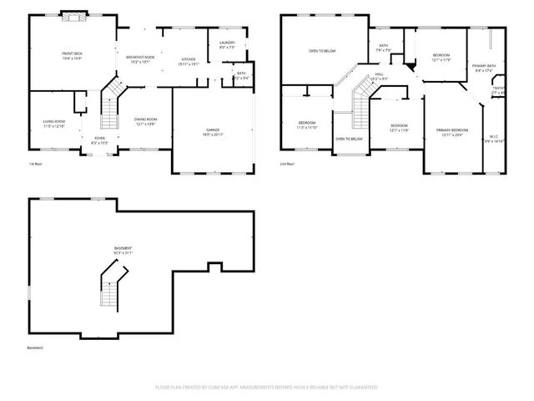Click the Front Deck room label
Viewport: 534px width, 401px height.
(x=71, y=57)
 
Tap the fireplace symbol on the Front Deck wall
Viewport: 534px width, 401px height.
(x=73, y=15)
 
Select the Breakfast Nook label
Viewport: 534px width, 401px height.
(x=140, y=59)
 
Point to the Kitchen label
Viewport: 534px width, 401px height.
(x=189, y=61)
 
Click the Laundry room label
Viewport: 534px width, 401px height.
(x=226, y=44)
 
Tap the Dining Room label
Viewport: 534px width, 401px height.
(x=146, y=122)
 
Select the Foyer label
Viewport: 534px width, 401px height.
(x=98, y=140)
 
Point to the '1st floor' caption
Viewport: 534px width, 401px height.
(x=35, y=164)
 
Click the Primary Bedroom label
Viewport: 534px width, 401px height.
(x=451, y=132)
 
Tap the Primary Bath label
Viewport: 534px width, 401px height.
(x=484, y=68)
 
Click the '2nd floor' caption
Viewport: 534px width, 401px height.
(x=287, y=164)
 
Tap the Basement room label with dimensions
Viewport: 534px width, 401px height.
(x=123, y=251)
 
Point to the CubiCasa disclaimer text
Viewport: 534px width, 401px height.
(x=267, y=388)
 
